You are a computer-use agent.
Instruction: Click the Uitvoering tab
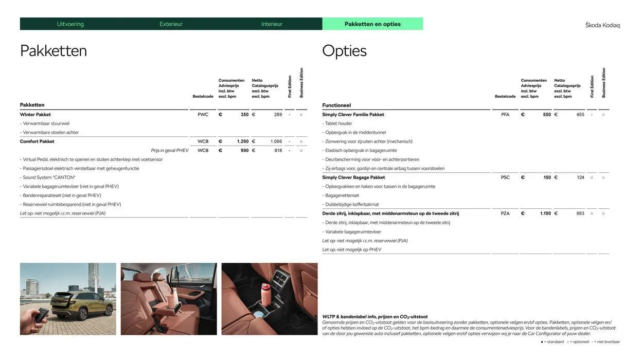[x=70, y=24]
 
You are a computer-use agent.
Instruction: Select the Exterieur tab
[x=171, y=24]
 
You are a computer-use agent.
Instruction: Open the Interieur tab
[x=272, y=24]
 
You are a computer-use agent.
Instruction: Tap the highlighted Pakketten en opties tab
[x=372, y=24]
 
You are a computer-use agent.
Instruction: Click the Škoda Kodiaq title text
[x=602, y=25]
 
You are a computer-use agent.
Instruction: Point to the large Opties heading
[x=344, y=51]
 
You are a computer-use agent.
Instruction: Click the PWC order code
[x=203, y=115]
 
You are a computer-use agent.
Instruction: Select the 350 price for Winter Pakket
[x=244, y=115]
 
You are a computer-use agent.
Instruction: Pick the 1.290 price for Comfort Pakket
[x=243, y=141]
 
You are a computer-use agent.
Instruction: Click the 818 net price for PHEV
[x=278, y=151]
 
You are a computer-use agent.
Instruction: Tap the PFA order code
[x=505, y=115]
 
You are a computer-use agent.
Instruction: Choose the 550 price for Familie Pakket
[x=547, y=115]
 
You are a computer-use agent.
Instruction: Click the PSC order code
[x=505, y=177]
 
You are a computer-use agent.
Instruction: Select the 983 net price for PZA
[x=580, y=213]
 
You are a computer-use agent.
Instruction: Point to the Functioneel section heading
[x=336, y=105]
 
